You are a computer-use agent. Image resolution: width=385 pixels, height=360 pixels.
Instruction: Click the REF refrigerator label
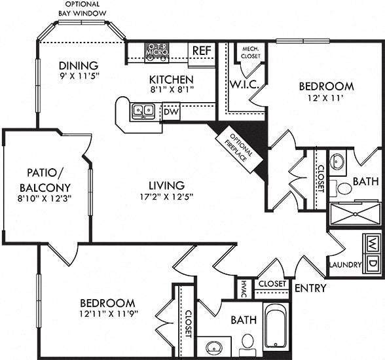[202, 50]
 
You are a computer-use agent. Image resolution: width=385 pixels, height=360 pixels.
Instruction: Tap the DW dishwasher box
[171, 112]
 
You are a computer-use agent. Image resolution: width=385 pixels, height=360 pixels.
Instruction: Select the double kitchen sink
[143, 111]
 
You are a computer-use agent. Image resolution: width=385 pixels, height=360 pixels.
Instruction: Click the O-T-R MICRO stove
[156, 52]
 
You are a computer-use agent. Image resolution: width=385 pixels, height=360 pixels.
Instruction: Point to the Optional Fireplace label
[240, 148]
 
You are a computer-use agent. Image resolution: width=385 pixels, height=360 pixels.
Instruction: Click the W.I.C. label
[244, 84]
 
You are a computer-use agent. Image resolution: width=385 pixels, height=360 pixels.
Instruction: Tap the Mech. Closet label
[250, 52]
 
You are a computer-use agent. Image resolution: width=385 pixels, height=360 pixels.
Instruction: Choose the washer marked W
[373, 244]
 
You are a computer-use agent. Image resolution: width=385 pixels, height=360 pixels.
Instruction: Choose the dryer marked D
[373, 263]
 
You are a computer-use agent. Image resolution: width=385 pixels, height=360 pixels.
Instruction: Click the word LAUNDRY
[345, 265]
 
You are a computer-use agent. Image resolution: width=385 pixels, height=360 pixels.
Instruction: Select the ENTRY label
[310, 287]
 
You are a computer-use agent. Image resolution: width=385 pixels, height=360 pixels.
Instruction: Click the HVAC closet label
[244, 289]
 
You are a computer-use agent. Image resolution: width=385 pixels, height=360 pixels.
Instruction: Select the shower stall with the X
[355, 214]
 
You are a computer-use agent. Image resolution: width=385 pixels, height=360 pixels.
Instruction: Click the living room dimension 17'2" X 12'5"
[166, 196]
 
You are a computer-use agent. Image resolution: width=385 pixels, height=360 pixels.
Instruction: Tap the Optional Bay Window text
[82, 9]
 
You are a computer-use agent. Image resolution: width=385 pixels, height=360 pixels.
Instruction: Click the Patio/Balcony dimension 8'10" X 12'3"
[45, 198]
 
